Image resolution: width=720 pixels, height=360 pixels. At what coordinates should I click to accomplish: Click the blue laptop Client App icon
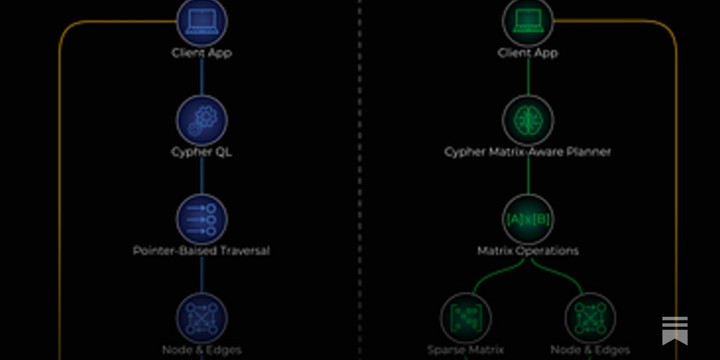coord(202,21)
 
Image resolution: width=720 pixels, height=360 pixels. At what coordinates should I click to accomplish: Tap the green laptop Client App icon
coord(528,21)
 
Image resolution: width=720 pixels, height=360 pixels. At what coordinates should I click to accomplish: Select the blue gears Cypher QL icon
coord(202,120)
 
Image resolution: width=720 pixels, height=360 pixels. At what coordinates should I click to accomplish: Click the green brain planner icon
coord(528,120)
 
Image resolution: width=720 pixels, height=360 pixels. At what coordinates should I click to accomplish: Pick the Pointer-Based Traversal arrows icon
coord(202,219)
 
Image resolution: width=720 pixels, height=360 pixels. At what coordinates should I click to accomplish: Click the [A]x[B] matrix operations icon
coord(528,219)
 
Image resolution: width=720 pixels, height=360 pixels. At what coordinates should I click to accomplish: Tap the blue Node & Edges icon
coord(202,318)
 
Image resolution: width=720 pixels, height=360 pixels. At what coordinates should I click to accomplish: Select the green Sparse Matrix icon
coord(466,318)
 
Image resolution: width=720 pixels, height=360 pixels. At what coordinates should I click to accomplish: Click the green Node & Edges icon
coord(590,318)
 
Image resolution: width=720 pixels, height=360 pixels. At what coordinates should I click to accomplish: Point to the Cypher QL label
coord(202,152)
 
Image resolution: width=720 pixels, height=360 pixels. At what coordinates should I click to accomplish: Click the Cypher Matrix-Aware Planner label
coord(528,152)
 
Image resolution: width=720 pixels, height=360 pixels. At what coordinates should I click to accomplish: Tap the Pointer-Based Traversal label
coord(202,251)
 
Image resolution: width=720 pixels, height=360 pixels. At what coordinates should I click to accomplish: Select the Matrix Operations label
coord(528,251)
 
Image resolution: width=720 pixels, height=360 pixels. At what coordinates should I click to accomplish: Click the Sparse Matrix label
coord(465,350)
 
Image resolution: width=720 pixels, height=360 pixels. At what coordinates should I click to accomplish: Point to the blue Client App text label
coord(202,53)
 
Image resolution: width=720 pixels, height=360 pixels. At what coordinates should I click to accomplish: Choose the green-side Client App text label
coord(528,53)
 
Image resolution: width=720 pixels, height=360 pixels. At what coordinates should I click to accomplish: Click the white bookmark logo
coord(675,331)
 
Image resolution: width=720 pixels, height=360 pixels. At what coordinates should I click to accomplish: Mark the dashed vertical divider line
coord(360,180)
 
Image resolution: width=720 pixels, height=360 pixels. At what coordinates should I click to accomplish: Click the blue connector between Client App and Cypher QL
coord(202,76)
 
